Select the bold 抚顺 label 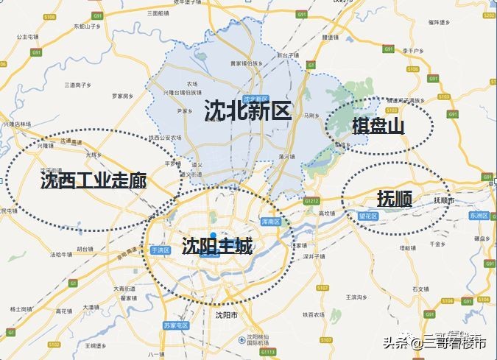point(394,200)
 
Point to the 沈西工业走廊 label point(94,180)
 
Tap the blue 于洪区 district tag point(160,250)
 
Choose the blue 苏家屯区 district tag point(176,325)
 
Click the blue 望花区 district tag point(367,216)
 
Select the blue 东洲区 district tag point(479,215)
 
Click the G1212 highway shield point(312,200)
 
